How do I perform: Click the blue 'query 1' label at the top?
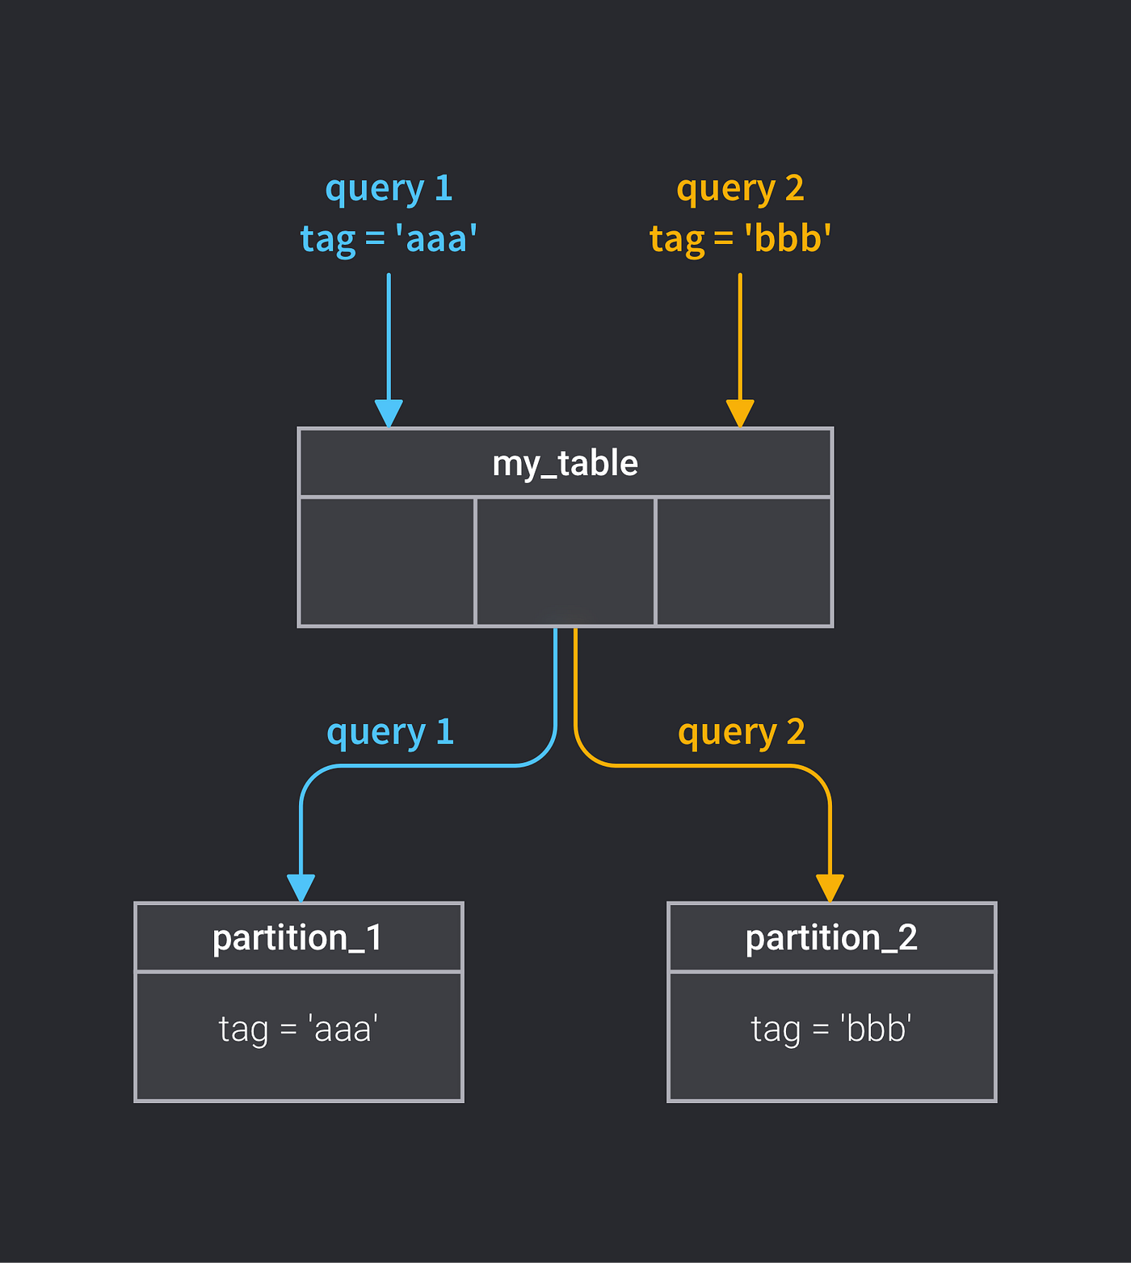coord(389,189)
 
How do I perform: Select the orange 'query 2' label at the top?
coord(740,189)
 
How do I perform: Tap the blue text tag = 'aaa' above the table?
coord(389,239)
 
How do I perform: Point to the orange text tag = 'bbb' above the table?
coord(740,239)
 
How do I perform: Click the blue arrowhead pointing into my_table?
coord(389,413)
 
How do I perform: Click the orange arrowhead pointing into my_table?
coord(740,413)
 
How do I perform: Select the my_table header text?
coord(565,464)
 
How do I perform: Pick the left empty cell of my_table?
coord(387,562)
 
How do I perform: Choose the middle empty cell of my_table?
coord(565,562)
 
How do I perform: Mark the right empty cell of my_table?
coord(743,562)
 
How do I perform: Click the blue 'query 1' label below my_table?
coord(390,732)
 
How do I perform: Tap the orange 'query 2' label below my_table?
coord(742,732)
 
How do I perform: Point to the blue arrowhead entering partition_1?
coord(301,888)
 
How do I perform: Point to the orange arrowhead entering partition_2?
coord(830,888)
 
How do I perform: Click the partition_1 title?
coord(297,938)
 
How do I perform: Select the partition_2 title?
coord(831,938)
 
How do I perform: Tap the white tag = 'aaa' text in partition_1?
coord(298,1029)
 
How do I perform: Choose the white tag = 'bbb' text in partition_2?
coord(831,1029)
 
